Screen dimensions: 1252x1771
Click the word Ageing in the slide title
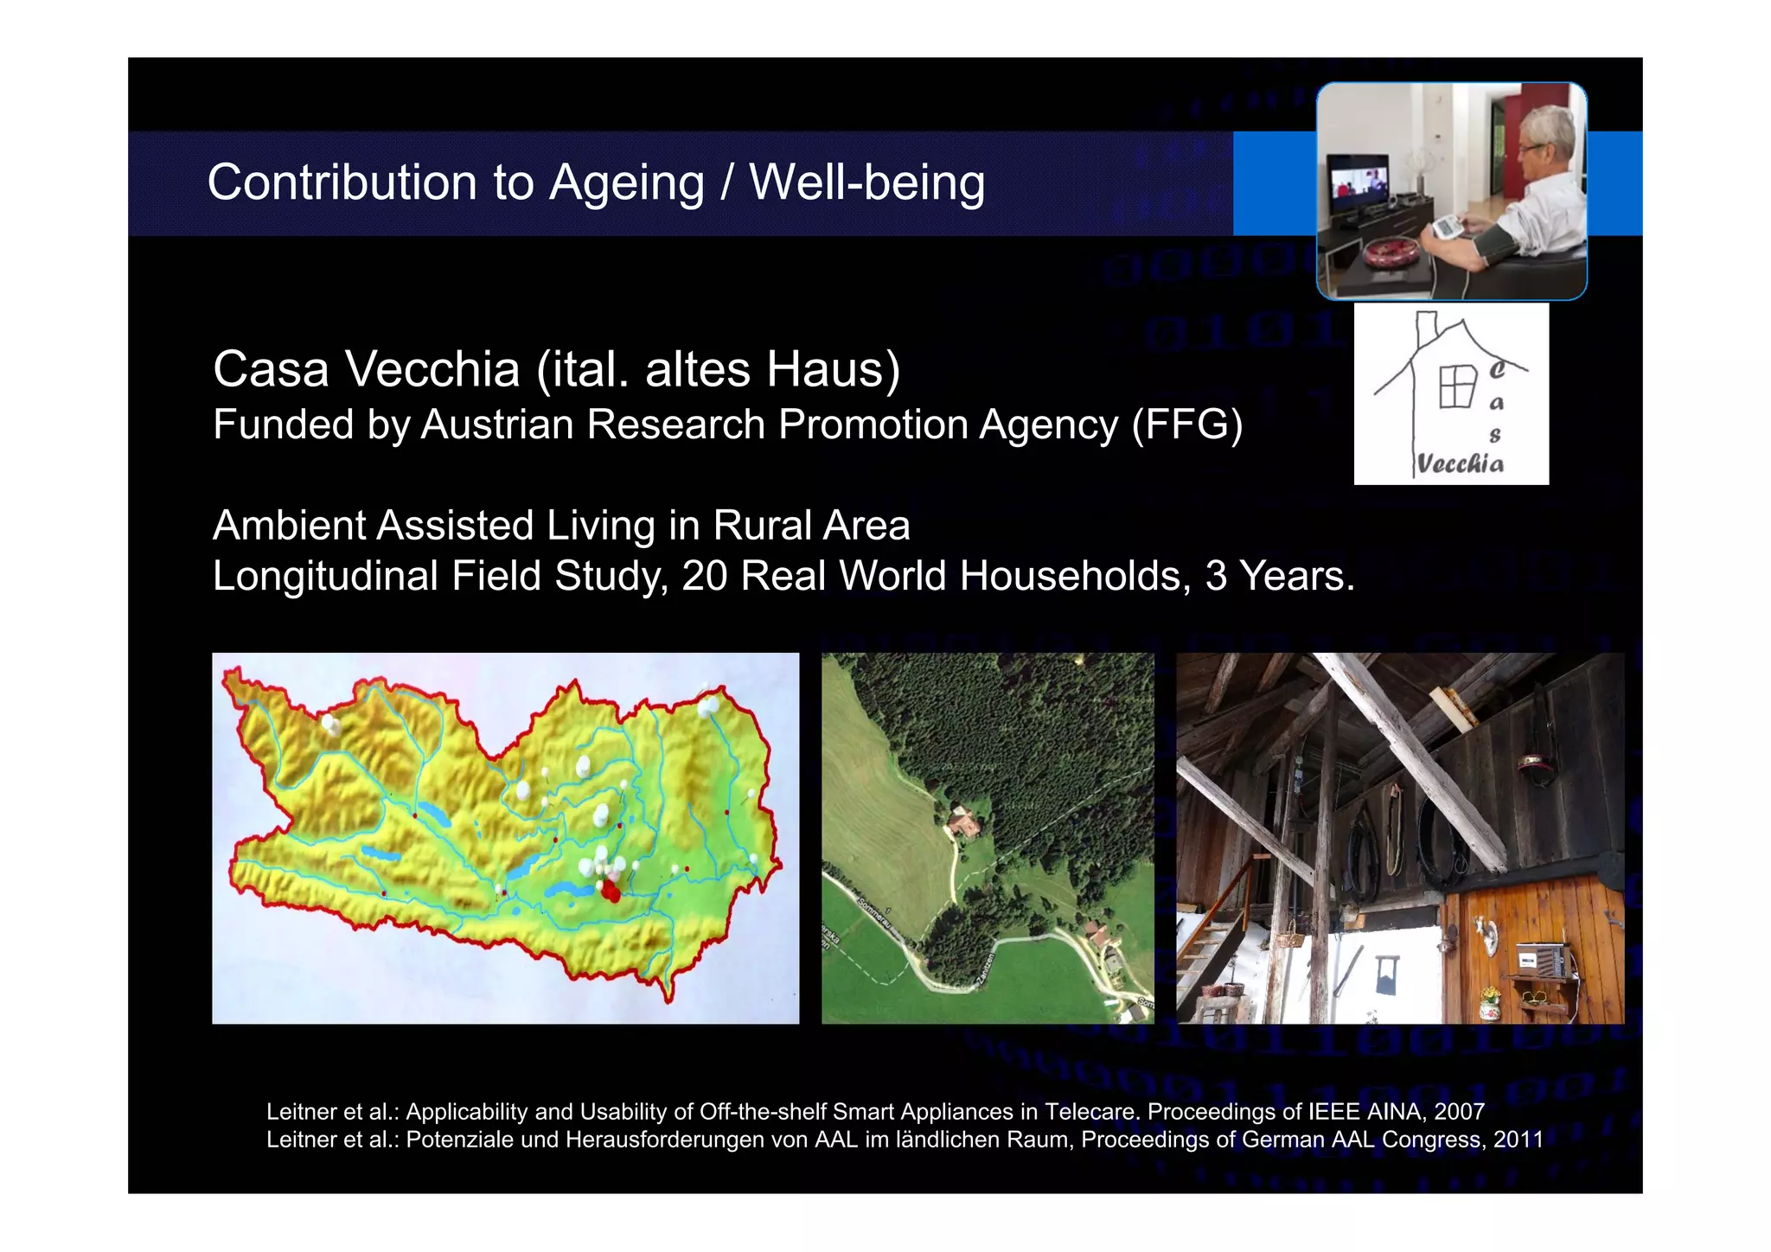pyautogui.click(x=627, y=183)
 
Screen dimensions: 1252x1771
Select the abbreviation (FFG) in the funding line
pyautogui.click(x=1187, y=425)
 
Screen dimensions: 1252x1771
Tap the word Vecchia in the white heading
pyautogui.click(x=432, y=369)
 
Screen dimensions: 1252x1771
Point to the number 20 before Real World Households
pyautogui.click(x=705, y=576)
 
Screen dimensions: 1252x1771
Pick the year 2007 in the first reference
pyautogui.click(x=1459, y=1111)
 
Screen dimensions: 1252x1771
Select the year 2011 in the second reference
pyautogui.click(x=1518, y=1140)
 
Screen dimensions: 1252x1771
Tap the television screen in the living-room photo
pyautogui.click(x=1359, y=182)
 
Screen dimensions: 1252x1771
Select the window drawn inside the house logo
pyautogui.click(x=1457, y=386)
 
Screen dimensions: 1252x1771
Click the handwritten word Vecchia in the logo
pyautogui.click(x=1460, y=463)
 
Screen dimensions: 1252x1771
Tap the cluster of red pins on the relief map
pyautogui.click(x=611, y=890)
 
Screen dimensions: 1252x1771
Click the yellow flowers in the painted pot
pyautogui.click(x=1489, y=994)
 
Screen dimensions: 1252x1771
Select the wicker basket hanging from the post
pyautogui.click(x=1290, y=935)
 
